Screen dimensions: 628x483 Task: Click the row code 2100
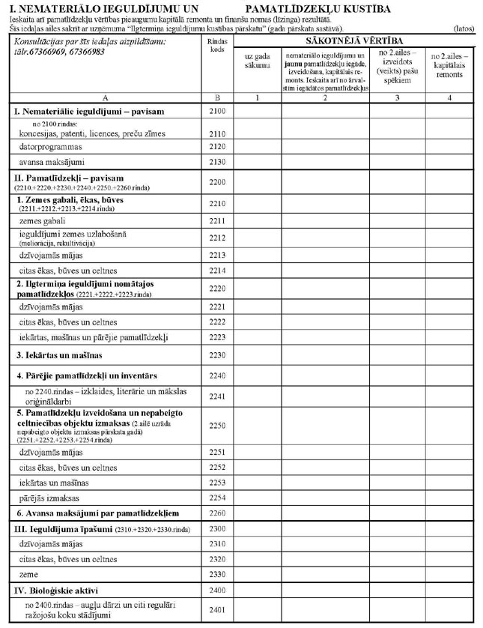[217, 111]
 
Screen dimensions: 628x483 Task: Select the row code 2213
[217, 256]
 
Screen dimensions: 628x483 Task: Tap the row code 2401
[217, 610]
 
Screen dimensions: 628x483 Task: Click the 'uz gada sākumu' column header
[257, 61]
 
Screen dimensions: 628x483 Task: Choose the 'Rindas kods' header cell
[217, 44]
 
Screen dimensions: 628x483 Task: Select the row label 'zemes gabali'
[43, 222]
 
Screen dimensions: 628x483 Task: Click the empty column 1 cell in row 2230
[257, 354]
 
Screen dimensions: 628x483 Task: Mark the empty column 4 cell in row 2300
[449, 530]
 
